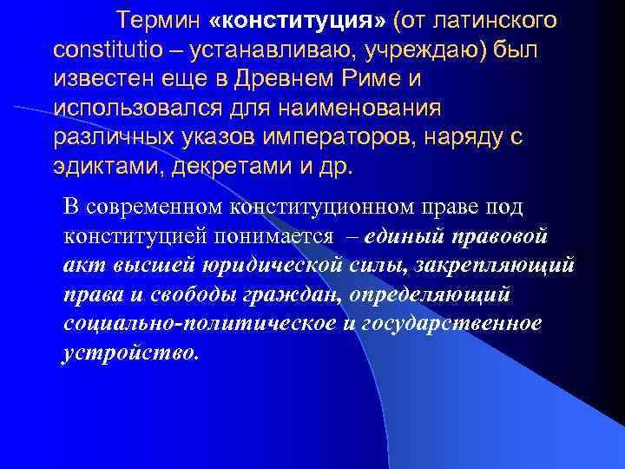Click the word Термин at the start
point(159,19)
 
